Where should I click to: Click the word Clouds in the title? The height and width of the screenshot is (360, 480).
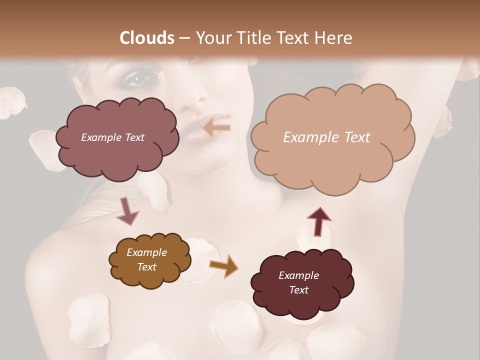tap(147, 38)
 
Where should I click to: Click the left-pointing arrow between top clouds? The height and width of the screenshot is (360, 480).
tap(216, 127)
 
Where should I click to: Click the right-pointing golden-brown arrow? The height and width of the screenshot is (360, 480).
tap(223, 265)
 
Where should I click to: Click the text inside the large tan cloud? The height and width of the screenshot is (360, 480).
tap(326, 137)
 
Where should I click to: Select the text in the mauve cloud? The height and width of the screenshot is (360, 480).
tap(112, 137)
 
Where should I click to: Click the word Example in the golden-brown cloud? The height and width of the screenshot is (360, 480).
tap(146, 252)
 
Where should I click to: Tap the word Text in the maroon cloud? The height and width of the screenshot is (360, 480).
tap(298, 290)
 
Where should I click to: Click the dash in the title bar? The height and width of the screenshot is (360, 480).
tap(184, 38)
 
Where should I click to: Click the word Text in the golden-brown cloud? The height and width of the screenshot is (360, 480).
tap(146, 267)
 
